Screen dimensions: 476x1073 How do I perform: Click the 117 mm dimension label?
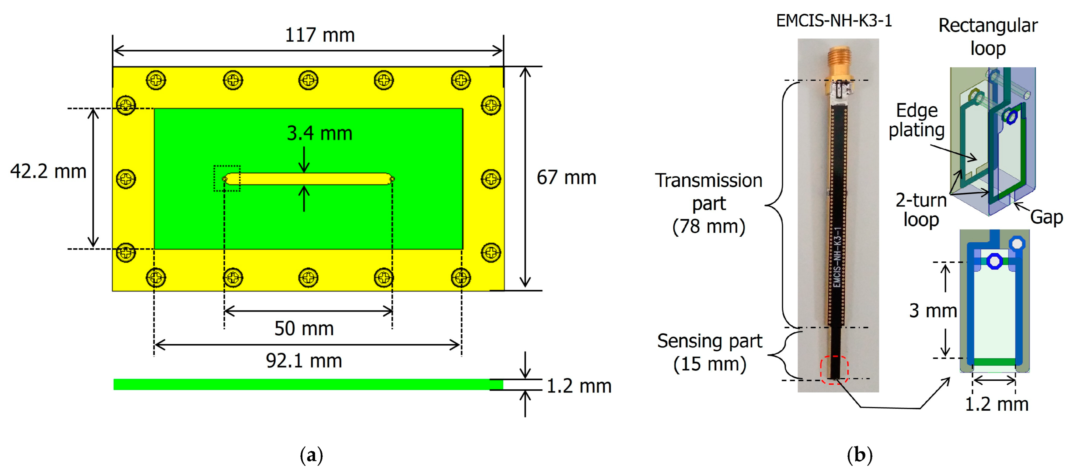pyautogui.click(x=319, y=35)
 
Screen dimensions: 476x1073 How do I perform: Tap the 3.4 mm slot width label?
pyautogui.click(x=319, y=133)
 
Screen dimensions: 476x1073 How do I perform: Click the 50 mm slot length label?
pyautogui.click(x=304, y=329)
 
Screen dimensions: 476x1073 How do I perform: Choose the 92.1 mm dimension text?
pyautogui.click(x=304, y=361)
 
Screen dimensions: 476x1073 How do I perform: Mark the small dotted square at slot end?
pyautogui.click(x=227, y=179)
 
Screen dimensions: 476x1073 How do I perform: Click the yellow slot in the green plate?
pyautogui.click(x=308, y=179)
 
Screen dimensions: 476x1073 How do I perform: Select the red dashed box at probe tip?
pyautogui.click(x=834, y=369)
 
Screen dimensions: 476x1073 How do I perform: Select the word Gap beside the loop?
pyautogui.click(x=1046, y=217)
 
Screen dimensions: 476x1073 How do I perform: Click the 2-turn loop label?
pyautogui.click(x=921, y=210)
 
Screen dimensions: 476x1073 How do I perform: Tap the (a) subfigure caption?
pyautogui.click(x=311, y=455)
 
